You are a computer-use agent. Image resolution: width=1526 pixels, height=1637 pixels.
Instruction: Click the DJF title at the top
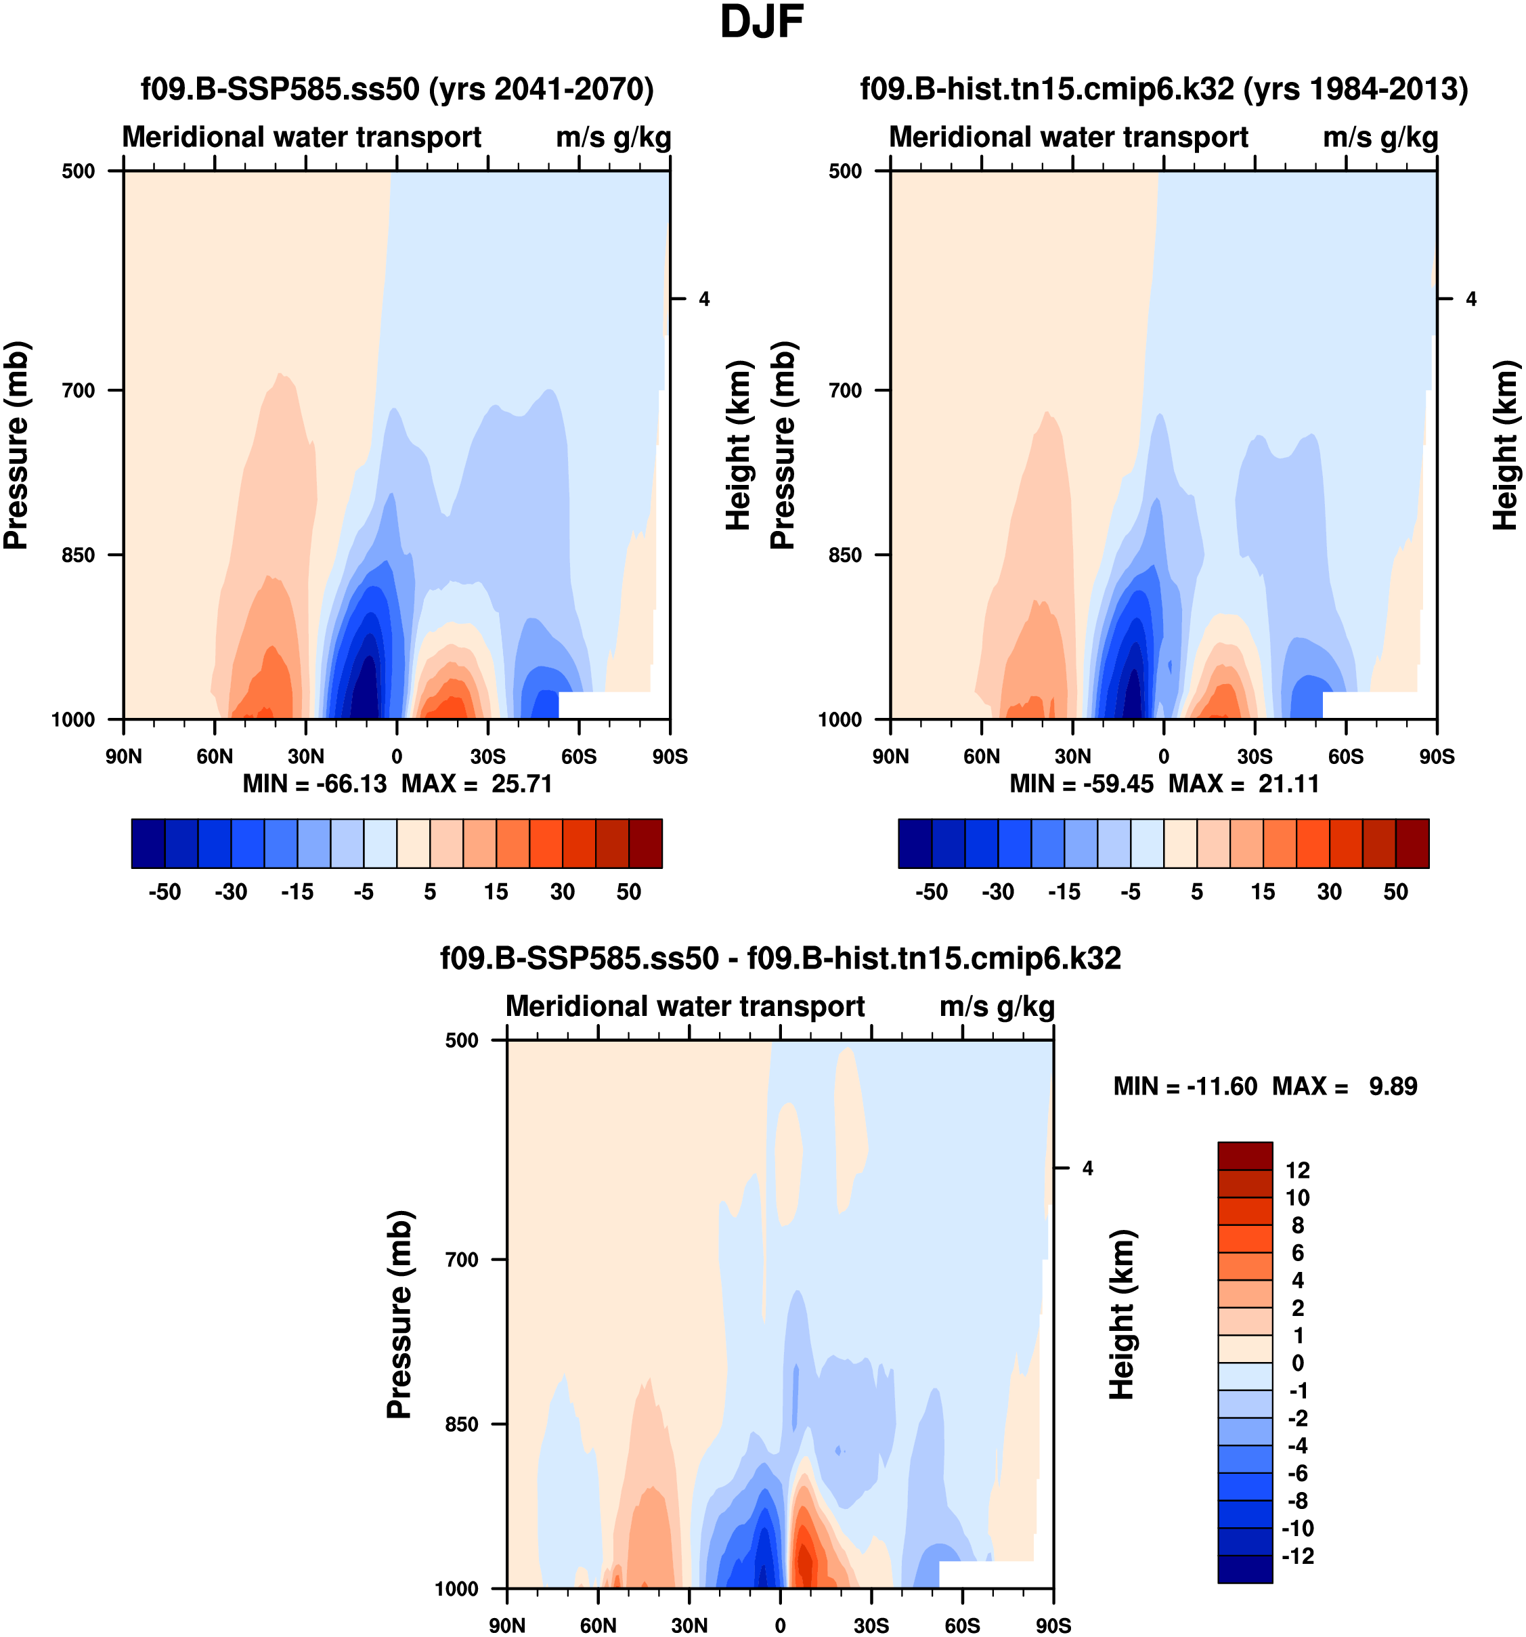tap(762, 23)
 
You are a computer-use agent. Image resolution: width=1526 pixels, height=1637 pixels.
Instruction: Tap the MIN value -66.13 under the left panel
tap(351, 783)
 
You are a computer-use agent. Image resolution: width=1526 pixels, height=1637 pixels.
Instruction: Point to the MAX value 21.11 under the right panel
tap(1288, 783)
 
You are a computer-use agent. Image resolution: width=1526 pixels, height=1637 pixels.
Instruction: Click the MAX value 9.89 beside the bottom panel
tap(1393, 1086)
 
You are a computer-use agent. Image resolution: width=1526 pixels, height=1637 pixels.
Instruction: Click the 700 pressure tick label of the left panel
tap(79, 390)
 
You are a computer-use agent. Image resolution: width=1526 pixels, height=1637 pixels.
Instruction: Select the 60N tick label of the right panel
tap(981, 756)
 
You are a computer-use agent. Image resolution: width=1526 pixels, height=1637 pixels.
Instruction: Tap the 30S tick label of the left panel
tap(488, 756)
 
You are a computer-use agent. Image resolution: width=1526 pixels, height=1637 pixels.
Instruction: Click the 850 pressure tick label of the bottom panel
tap(462, 1424)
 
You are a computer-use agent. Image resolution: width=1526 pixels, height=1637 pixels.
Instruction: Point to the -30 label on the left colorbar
tap(232, 892)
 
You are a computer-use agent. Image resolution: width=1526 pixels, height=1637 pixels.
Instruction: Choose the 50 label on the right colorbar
tap(1395, 892)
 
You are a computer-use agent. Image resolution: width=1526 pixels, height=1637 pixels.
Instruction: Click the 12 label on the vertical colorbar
tap(1298, 1170)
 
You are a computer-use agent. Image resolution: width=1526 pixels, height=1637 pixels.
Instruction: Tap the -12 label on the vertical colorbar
tap(1298, 1556)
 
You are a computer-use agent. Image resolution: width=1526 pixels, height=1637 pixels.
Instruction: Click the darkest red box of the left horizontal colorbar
tap(645, 843)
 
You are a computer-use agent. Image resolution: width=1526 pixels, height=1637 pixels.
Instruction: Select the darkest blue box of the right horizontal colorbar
tap(915, 843)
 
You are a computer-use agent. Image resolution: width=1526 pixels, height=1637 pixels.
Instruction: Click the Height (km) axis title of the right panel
tap(1506, 445)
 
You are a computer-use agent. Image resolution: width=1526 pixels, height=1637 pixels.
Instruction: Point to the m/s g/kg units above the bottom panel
tap(997, 1006)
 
